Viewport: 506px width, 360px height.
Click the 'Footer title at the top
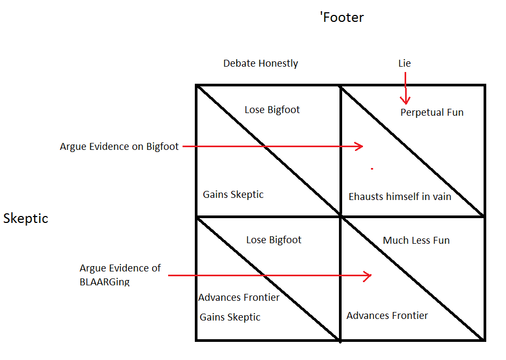click(342, 18)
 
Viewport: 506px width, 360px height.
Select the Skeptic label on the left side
click(26, 219)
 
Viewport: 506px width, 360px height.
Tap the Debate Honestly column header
click(260, 63)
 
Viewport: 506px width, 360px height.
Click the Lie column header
click(405, 63)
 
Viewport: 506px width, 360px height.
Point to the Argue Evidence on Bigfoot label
click(119, 147)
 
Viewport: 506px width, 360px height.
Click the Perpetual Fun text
click(432, 113)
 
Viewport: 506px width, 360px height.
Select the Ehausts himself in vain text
click(400, 197)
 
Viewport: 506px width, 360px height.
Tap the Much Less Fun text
click(416, 241)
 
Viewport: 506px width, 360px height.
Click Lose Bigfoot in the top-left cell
click(272, 110)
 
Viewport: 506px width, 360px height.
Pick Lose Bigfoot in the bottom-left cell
click(274, 240)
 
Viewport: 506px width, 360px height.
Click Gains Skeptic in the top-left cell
click(233, 195)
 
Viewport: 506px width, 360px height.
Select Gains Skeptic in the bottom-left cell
click(230, 317)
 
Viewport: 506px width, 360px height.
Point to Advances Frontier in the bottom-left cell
click(239, 298)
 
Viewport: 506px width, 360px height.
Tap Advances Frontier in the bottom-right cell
click(387, 316)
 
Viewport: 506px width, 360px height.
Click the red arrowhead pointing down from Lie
click(405, 100)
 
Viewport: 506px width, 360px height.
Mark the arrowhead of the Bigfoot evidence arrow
click(360, 146)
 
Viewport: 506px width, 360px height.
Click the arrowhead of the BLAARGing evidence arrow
click(368, 276)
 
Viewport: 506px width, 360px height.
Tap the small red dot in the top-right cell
click(372, 169)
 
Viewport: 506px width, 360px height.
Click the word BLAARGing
click(104, 282)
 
